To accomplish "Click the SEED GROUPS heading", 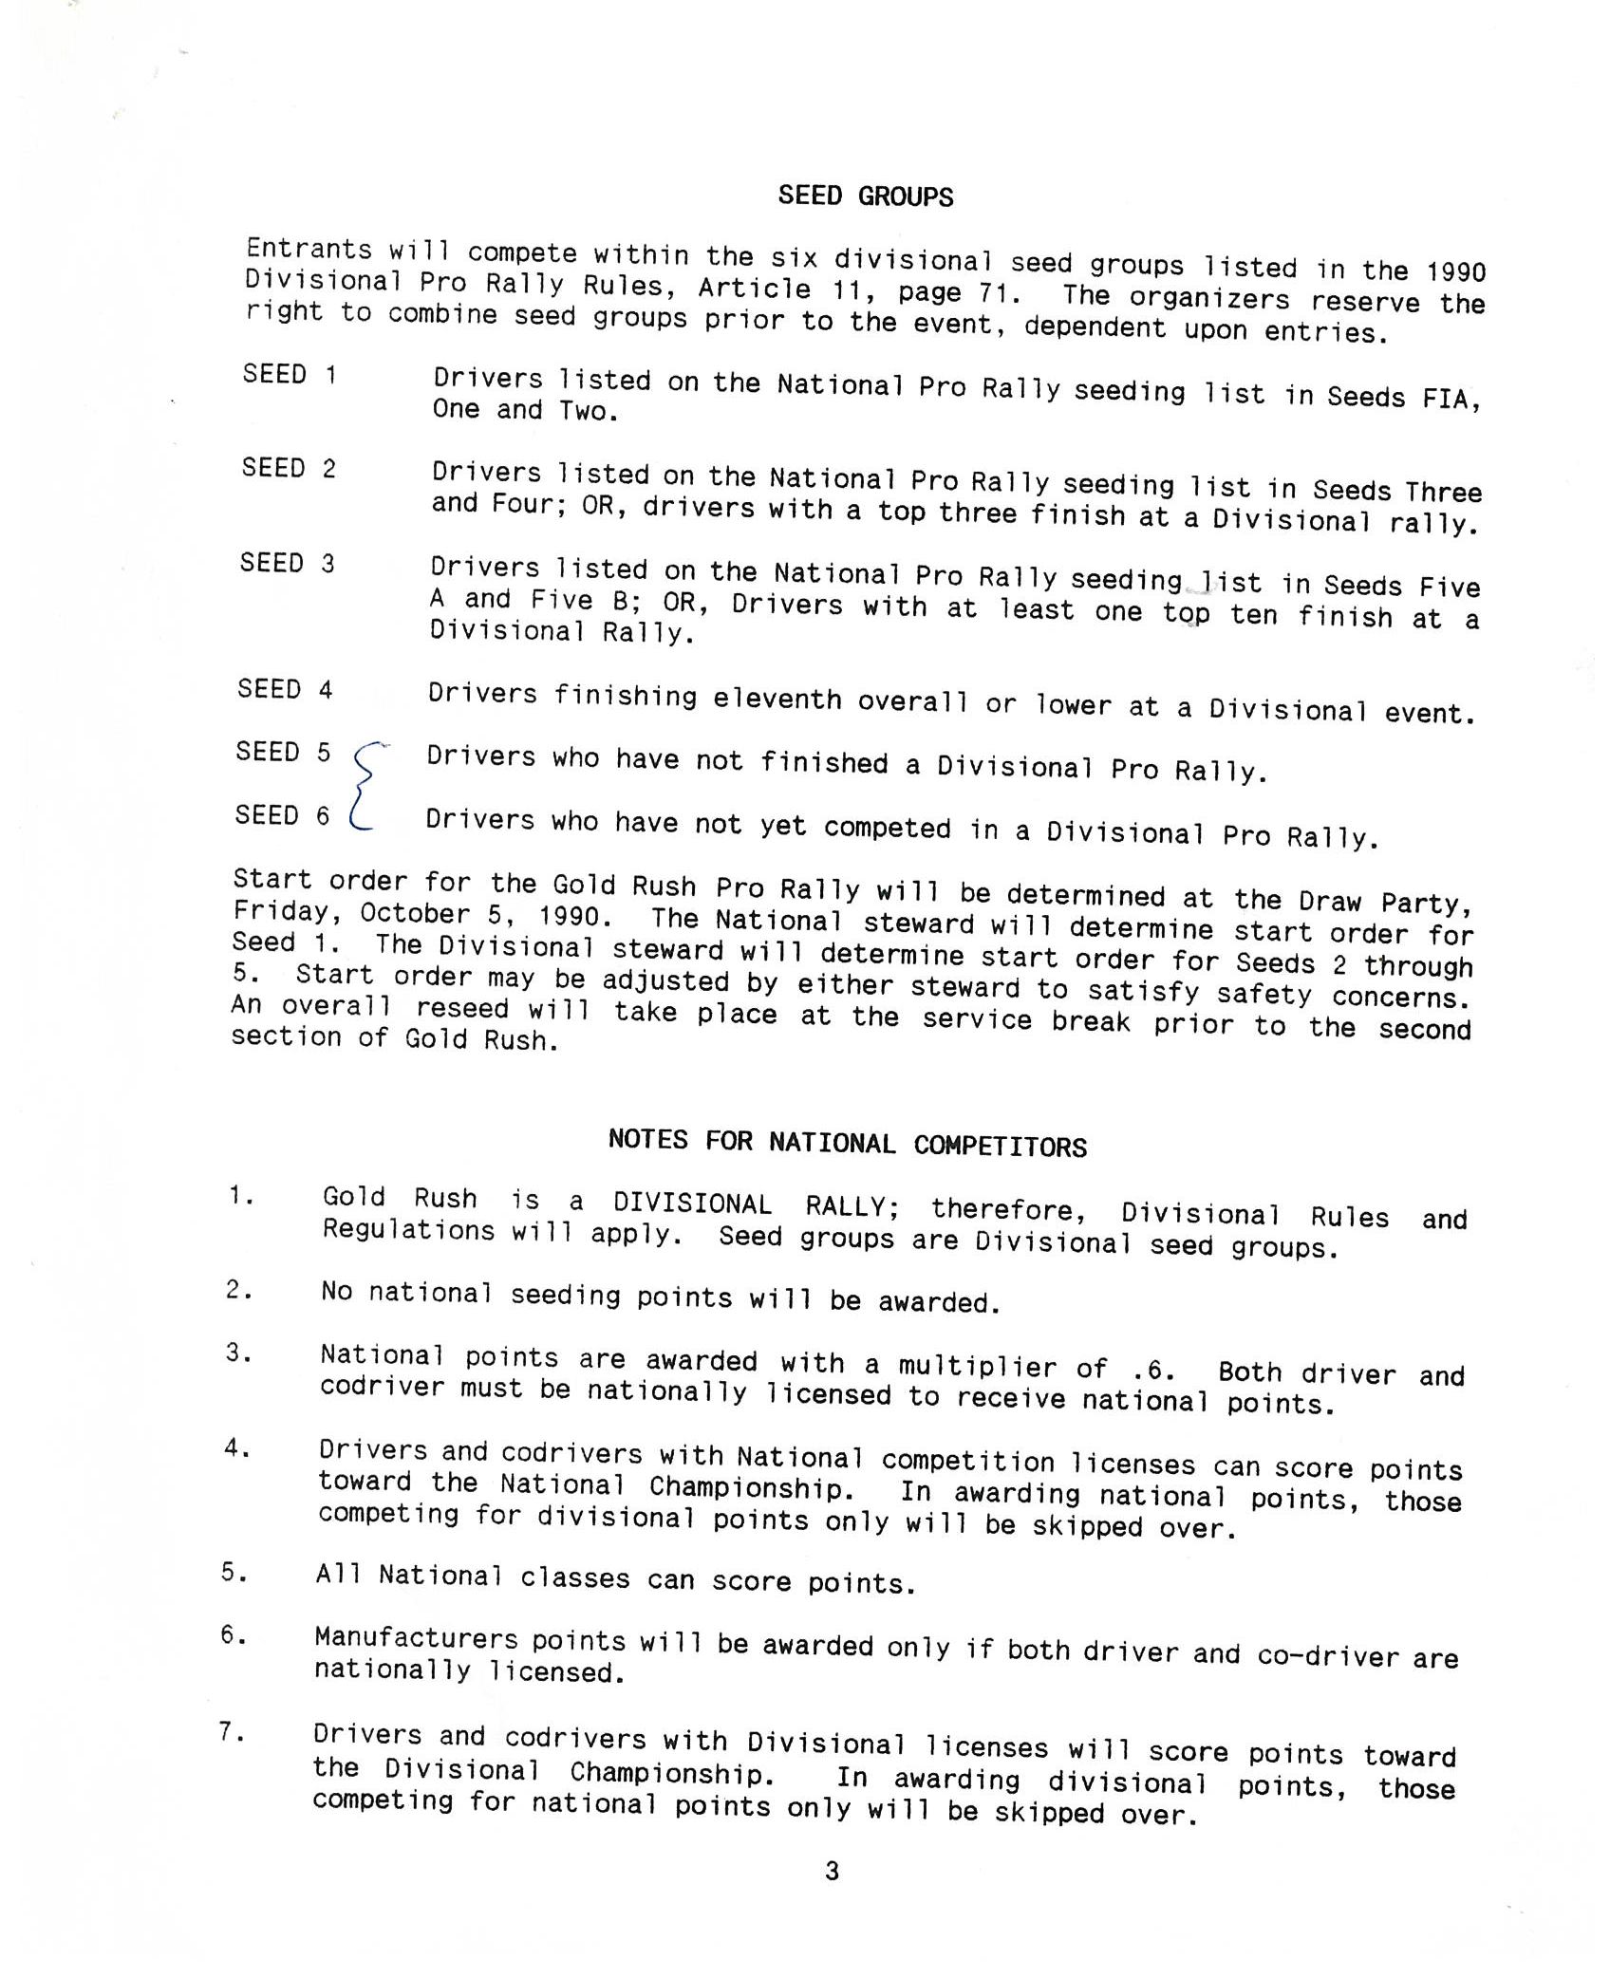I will [x=865, y=196].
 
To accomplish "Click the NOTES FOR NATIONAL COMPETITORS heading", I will [x=847, y=1143].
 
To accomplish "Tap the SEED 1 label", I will [x=289, y=374].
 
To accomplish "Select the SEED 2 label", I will [x=288, y=468].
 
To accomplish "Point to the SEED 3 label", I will [x=287, y=563].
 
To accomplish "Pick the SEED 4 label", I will [x=285, y=689].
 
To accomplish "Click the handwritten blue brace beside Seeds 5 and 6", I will [x=365, y=786].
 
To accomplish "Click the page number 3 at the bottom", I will [x=832, y=1871].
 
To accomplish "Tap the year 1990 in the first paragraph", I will [x=1455, y=272].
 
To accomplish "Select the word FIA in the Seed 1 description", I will [x=1450, y=399].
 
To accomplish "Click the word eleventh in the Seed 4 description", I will [x=777, y=700].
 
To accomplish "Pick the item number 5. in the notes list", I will [x=234, y=1572].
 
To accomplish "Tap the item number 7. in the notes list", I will [x=232, y=1732].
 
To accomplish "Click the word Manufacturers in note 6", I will [x=416, y=1638].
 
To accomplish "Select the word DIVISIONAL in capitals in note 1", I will [x=692, y=1204].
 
